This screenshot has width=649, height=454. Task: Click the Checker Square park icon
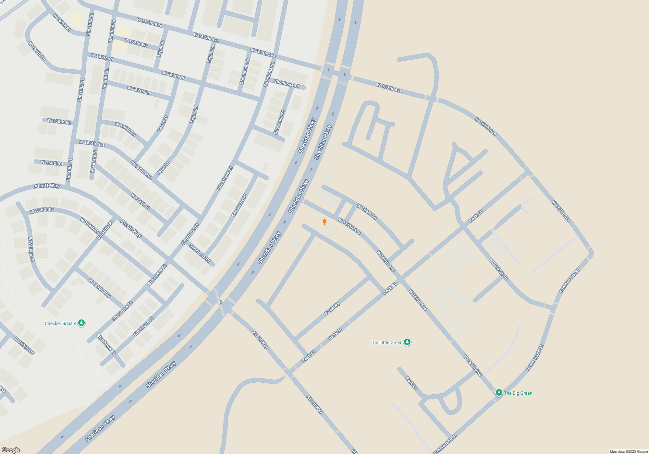82,323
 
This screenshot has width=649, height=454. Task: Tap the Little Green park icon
407,342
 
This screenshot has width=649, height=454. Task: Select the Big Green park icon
499,393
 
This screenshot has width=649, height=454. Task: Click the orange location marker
324,221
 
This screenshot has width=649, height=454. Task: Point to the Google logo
11,450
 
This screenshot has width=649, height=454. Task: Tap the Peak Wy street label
332,308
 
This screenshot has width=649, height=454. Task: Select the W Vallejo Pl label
31,249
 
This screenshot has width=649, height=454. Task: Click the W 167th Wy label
136,43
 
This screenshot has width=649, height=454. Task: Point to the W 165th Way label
100,288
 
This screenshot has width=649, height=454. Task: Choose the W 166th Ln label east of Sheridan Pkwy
367,212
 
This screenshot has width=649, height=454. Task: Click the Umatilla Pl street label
105,230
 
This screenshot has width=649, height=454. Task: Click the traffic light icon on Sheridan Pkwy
220,302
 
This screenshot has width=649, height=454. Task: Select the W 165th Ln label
24,345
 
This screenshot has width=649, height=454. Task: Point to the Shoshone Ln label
244,72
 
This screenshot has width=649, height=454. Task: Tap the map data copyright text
629,451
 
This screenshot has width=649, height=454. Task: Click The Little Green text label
386,342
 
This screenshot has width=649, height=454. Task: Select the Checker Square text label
61,323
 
